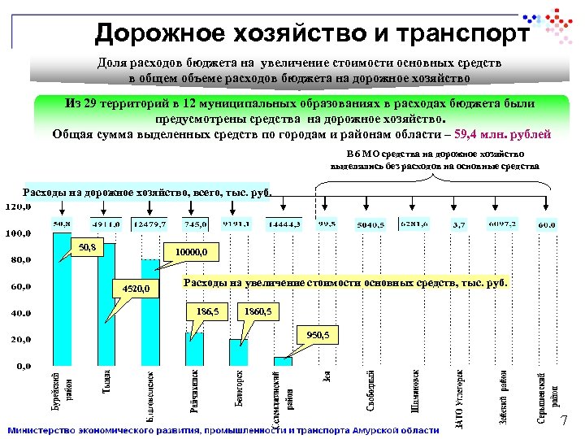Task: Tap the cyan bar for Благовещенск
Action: [151, 313]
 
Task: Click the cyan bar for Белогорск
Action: [239, 352]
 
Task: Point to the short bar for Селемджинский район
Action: [283, 361]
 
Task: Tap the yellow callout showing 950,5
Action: [318, 334]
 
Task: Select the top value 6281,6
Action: [414, 223]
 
